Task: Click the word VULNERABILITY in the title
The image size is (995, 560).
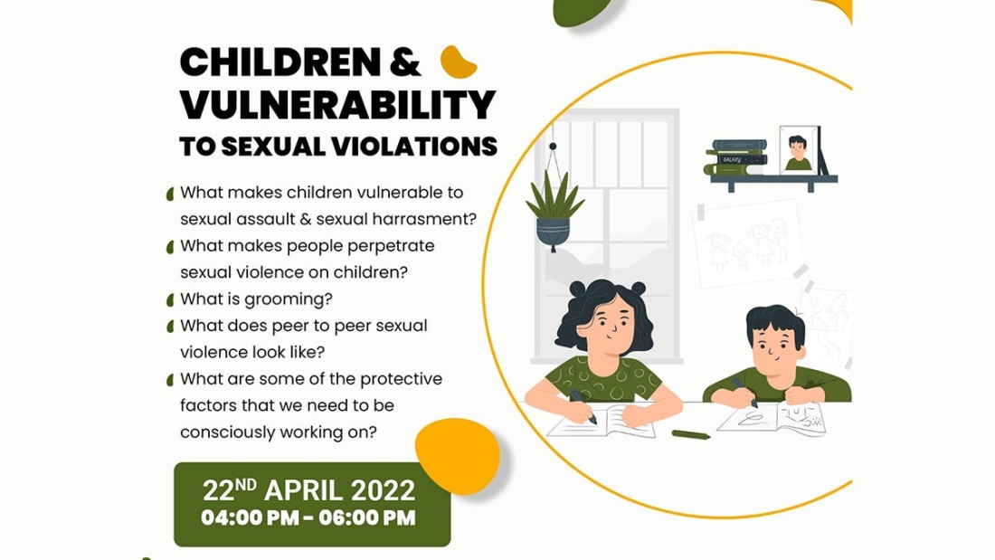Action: point(337,105)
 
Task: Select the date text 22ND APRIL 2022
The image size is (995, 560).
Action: point(309,490)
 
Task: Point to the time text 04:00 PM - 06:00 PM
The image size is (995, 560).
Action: point(309,518)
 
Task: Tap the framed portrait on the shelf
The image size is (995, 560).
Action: point(799,150)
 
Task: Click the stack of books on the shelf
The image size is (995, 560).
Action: point(736,157)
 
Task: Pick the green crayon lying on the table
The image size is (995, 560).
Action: point(690,434)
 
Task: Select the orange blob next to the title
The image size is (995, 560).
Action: point(459,62)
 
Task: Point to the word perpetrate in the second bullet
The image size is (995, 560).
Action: point(393,246)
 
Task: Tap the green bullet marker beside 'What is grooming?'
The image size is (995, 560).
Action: point(169,300)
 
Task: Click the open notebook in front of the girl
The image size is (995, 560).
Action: point(601,422)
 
